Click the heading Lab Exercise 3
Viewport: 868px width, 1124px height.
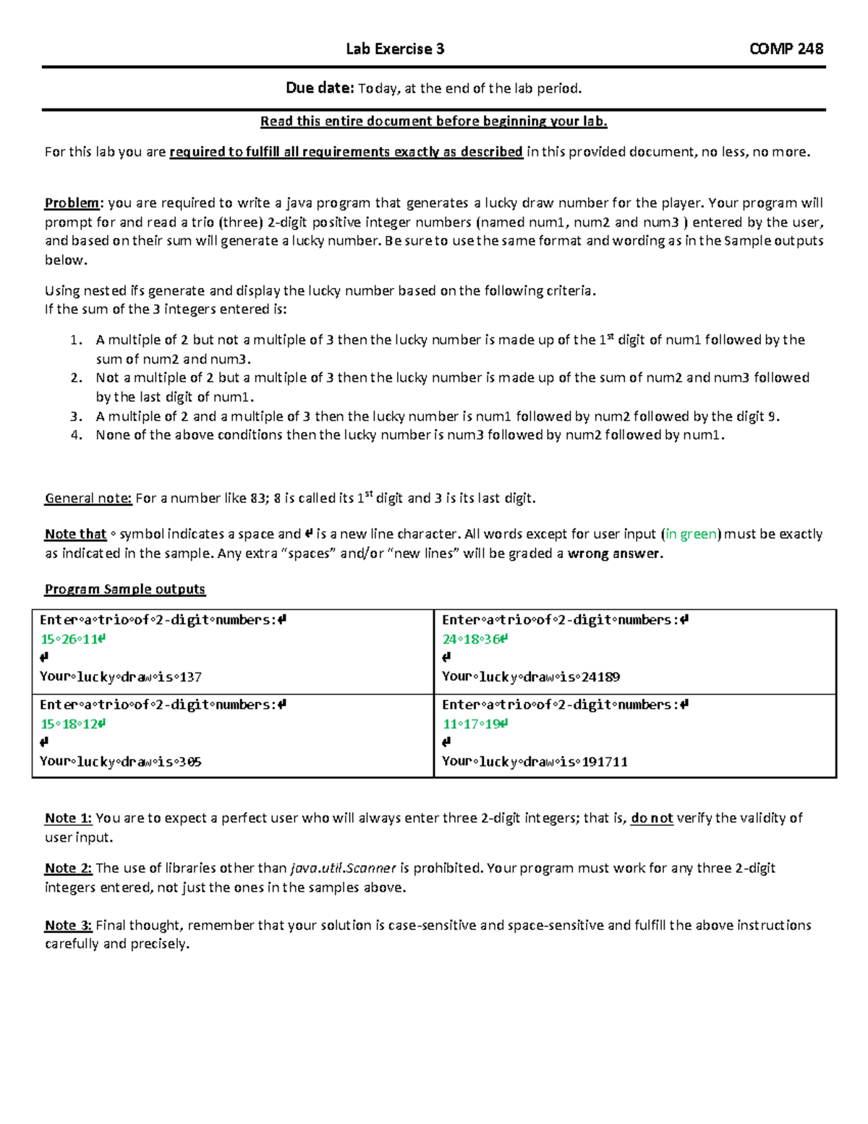pos(395,49)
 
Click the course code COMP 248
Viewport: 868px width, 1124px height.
pos(786,49)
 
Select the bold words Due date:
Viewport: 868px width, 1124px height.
pos(320,88)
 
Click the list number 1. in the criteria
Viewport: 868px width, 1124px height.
pos(77,340)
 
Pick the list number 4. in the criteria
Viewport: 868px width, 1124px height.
pos(77,435)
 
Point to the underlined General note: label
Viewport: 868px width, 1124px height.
pos(88,498)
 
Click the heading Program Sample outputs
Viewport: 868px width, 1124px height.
pos(125,589)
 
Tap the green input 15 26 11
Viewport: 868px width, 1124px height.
pos(72,639)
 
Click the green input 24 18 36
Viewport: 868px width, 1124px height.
pos(475,639)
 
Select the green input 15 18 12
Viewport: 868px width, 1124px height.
pos(72,724)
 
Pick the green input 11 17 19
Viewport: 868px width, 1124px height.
pos(475,724)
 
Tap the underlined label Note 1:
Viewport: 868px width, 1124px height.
pos(68,818)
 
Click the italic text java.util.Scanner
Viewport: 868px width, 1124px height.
pos(343,868)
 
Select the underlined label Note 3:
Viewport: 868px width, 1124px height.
pos(68,925)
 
